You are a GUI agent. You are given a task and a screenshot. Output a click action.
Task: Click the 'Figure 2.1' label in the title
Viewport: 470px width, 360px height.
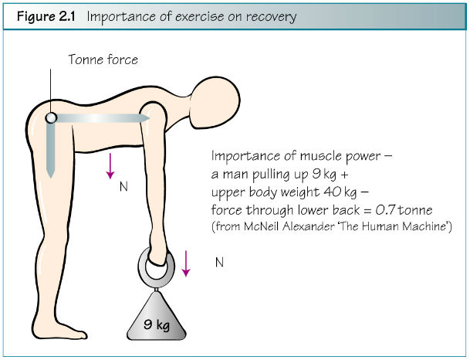(46, 16)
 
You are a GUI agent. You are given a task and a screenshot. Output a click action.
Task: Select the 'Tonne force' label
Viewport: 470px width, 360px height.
(103, 59)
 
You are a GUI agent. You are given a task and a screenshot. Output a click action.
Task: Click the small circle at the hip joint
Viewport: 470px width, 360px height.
(51, 117)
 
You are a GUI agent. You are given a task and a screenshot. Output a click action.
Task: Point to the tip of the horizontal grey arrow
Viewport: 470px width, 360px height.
(149, 118)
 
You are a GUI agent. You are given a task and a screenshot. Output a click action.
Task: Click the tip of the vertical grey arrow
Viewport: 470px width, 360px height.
(51, 178)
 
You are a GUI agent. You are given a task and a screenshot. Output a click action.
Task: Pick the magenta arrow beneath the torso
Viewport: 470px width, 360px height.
(110, 166)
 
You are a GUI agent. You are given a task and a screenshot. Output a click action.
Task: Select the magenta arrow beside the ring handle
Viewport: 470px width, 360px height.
(186, 263)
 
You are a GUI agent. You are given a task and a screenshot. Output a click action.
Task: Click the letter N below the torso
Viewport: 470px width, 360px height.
(123, 187)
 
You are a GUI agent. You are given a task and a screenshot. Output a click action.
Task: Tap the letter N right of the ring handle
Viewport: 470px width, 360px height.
(219, 263)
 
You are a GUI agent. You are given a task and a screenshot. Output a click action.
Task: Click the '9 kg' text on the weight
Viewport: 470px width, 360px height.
(157, 324)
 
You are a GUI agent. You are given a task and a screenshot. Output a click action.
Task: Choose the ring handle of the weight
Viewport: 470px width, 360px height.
(140, 264)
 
